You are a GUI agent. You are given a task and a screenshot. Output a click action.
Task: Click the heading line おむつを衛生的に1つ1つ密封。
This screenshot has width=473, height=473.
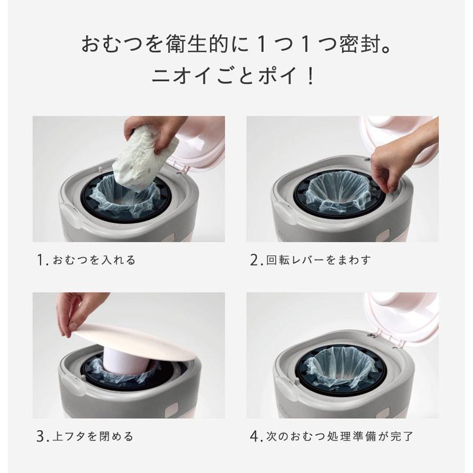236,45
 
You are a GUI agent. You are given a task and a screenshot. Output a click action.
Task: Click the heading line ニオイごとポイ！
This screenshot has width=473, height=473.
236,76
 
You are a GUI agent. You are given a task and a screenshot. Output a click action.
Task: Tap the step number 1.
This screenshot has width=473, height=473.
41,260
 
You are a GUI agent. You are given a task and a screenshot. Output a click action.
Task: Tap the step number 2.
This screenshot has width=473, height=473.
255,260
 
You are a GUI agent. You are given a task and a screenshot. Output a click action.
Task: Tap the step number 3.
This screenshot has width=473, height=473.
41,437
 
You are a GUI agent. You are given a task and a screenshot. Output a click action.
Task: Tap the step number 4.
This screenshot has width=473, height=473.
255,437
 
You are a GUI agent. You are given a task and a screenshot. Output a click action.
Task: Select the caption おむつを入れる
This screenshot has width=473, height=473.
94,260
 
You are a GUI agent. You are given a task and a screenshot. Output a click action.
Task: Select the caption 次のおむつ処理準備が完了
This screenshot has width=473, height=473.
340,437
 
